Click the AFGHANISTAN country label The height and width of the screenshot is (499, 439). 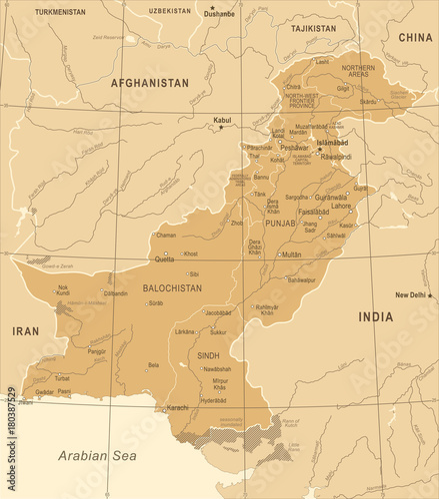click(150, 84)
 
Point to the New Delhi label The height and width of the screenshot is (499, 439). click(411, 295)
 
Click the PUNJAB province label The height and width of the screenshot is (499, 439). click(279, 224)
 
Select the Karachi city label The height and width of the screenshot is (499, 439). click(177, 408)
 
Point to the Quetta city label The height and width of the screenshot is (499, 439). click(165, 258)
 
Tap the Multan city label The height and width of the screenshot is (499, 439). click(290, 254)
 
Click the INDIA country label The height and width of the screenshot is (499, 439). click(376, 316)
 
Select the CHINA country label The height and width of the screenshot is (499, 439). click(415, 37)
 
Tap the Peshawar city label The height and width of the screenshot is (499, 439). click(295, 147)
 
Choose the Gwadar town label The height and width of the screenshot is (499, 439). click(45, 392)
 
